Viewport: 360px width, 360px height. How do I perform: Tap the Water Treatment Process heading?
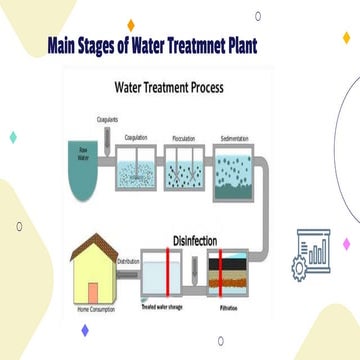(x=172, y=87)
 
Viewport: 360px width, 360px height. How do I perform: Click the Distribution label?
(x=129, y=263)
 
